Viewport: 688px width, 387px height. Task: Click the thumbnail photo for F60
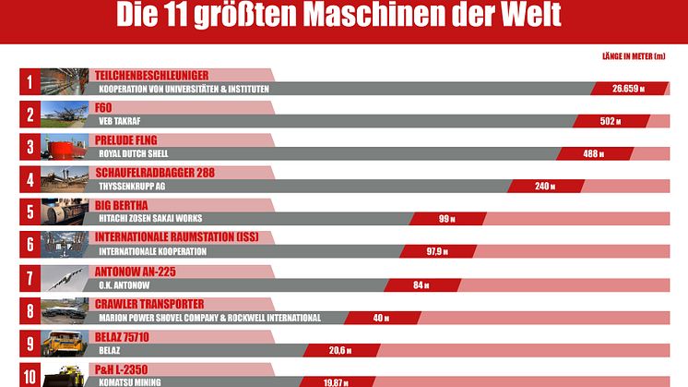point(65,115)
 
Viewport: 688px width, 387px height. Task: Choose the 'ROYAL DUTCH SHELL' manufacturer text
point(133,153)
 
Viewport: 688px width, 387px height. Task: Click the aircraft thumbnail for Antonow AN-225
point(65,279)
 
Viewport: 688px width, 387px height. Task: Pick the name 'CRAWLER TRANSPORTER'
point(149,304)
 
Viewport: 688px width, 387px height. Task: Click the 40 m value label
point(378,318)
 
